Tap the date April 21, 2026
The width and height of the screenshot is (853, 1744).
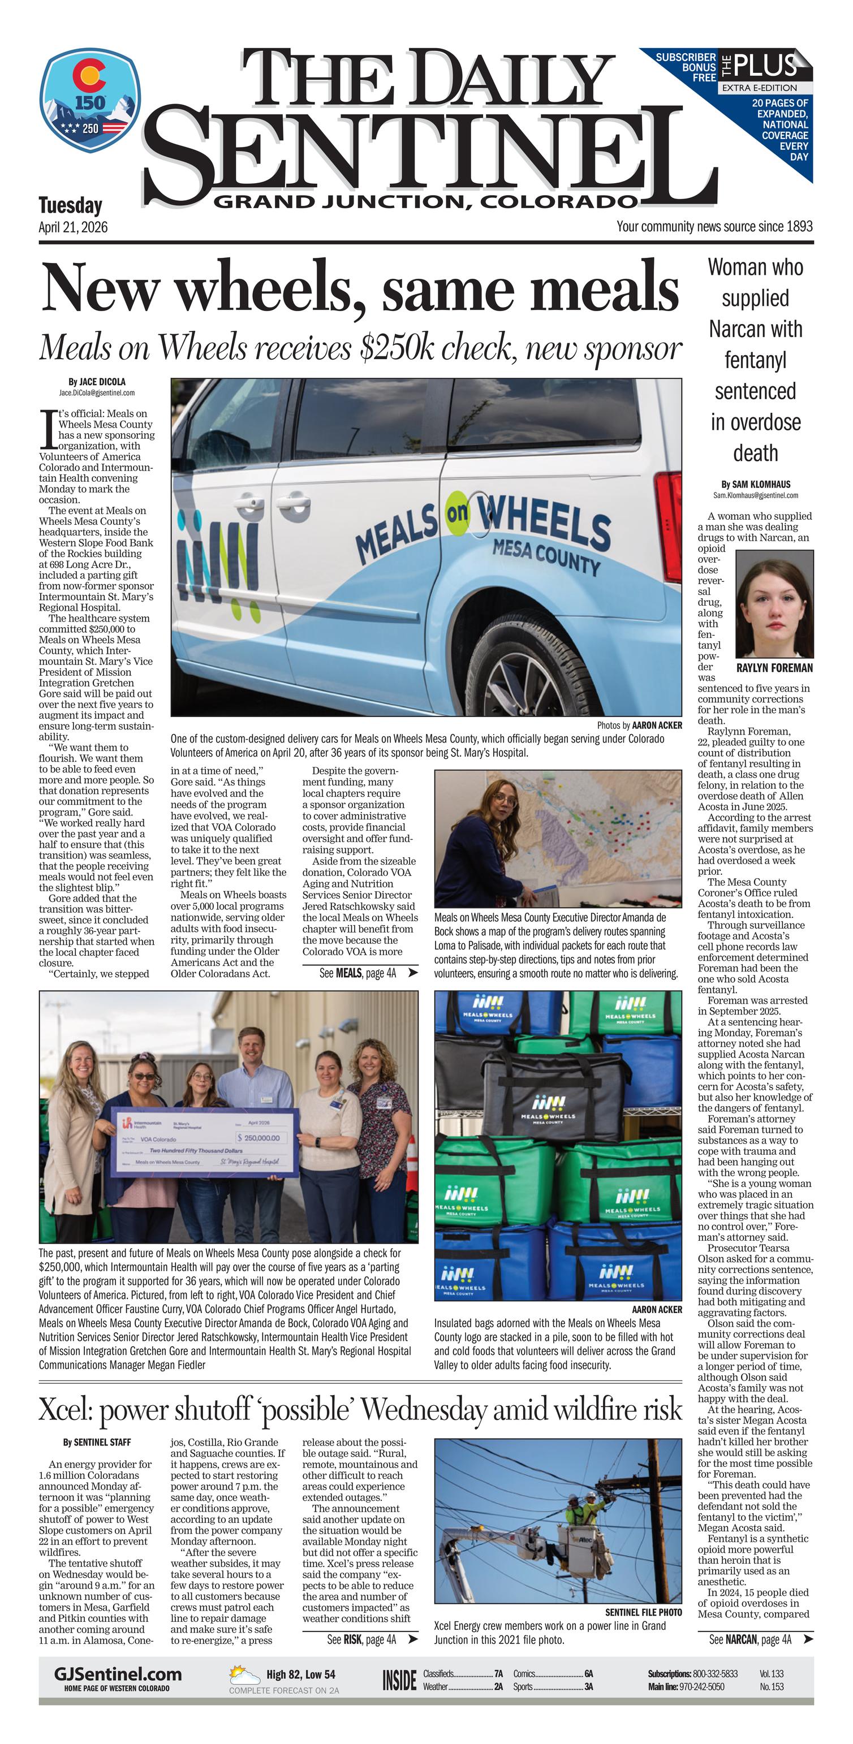point(73,227)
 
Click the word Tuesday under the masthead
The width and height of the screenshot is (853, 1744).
point(70,205)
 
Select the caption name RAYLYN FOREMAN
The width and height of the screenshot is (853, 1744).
point(774,667)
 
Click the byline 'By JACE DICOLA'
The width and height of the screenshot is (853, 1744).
point(97,382)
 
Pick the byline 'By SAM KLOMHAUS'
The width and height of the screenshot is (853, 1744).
point(756,485)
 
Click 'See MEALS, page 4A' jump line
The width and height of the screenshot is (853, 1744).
point(368,974)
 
